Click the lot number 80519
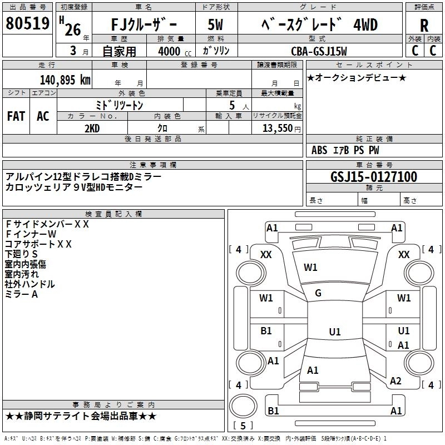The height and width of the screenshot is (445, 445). pos(28,24)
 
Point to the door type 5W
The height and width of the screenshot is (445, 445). pos(217,26)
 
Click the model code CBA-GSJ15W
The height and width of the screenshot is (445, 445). pos(319,51)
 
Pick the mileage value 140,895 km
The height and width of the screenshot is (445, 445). pos(65,80)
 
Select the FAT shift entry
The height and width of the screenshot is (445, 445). pos(16,116)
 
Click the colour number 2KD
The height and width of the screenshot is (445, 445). pos(92,128)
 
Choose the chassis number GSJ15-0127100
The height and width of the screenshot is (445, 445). pos(373,177)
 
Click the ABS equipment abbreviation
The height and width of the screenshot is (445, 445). pos(319,150)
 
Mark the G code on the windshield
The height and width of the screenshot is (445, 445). pos(318,293)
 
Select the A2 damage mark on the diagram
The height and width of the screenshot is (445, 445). pos(395,381)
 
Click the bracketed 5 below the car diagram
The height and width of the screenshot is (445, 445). pos(243,426)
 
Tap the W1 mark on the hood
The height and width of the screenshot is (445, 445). pos(310,268)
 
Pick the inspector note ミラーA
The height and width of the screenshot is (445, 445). pos(21,294)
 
